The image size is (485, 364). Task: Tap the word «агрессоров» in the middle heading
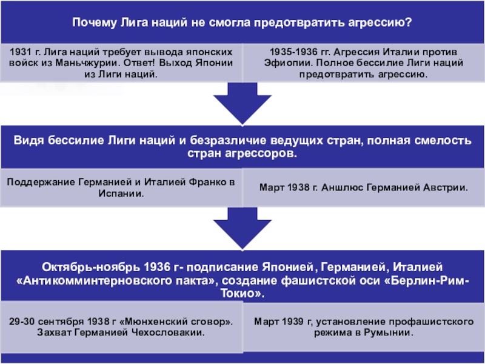265,153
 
